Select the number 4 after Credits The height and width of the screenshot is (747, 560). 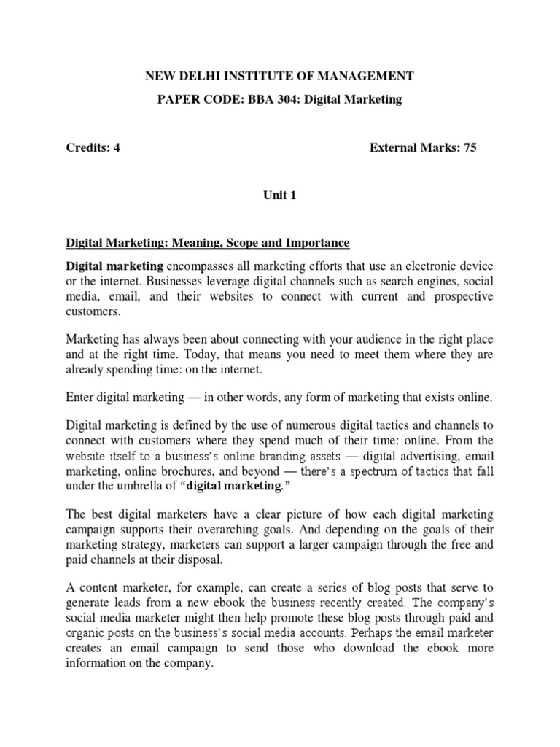coord(116,147)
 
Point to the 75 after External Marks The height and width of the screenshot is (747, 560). coord(470,147)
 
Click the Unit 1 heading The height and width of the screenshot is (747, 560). coord(279,195)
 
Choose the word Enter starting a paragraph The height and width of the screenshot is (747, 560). coord(82,397)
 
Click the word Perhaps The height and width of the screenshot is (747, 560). coord(383,619)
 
